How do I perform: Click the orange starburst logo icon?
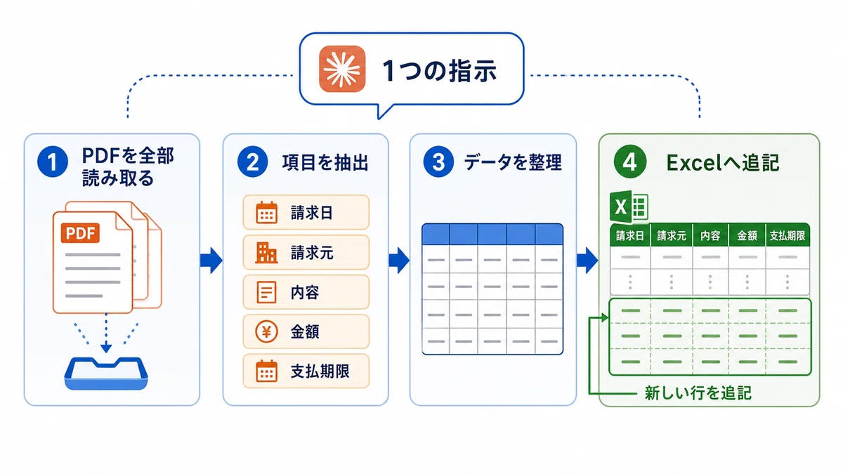pyautogui.click(x=342, y=69)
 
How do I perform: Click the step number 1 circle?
pyautogui.click(x=53, y=162)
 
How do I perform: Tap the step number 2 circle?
pyautogui.click(x=252, y=162)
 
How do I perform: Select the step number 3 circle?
pyautogui.click(x=438, y=162)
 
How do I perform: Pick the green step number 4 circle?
pyautogui.click(x=630, y=162)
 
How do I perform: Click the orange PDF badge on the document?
pyautogui.click(x=80, y=233)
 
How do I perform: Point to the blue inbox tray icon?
pyautogui.click(x=106, y=373)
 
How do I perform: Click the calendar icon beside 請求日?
pyautogui.click(x=267, y=213)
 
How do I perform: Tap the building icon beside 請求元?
pyautogui.click(x=266, y=252)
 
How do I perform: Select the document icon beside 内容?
pyautogui.click(x=266, y=292)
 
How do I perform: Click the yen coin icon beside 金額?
pyautogui.click(x=266, y=331)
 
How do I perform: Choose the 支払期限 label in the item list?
pyautogui.click(x=320, y=371)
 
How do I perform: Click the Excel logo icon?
pyautogui.click(x=629, y=207)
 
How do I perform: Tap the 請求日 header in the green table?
pyautogui.click(x=630, y=236)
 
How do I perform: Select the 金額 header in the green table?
pyautogui.click(x=747, y=236)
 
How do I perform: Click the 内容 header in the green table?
pyautogui.click(x=710, y=236)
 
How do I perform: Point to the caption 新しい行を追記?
pyautogui.click(x=698, y=393)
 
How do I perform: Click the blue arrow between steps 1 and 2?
pyautogui.click(x=211, y=261)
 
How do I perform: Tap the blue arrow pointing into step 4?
pyautogui.click(x=587, y=261)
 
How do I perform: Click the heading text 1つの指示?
pyautogui.click(x=440, y=71)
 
